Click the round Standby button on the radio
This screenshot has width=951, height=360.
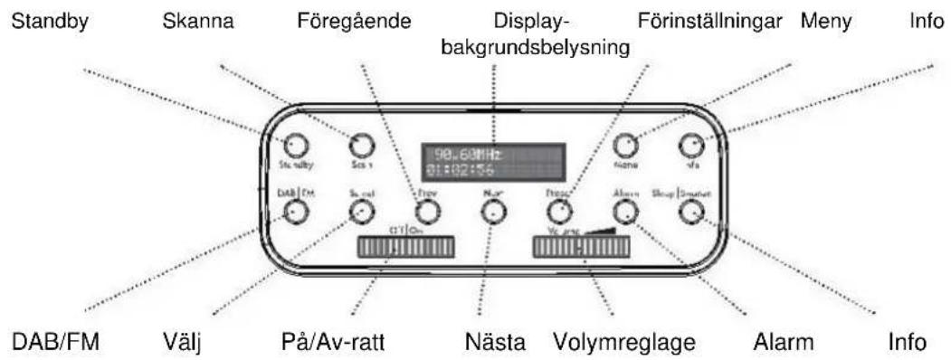coord(294,145)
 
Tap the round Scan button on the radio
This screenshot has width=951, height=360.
coord(361,145)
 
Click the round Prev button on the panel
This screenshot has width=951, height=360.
coord(428,212)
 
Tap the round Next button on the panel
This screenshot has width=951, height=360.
coord(492,212)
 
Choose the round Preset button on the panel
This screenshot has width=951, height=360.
coord(558,212)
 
